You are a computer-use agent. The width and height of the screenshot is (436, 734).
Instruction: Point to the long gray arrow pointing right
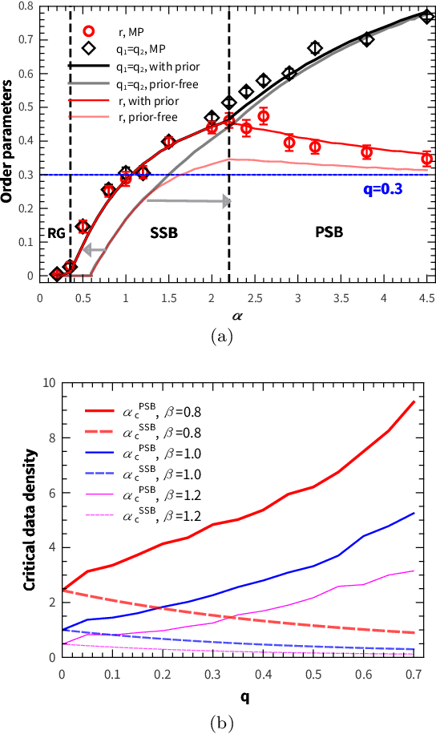pos(188,201)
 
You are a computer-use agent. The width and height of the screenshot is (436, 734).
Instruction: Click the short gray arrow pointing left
pos(94,250)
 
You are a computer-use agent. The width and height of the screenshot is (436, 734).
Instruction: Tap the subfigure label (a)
pos(221,337)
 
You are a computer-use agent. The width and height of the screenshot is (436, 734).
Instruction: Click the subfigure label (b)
pos(221,724)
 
